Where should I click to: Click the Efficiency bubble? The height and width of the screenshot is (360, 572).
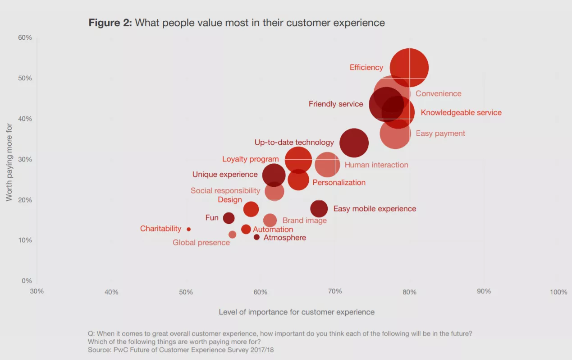409,67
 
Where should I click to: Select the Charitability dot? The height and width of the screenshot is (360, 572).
188,229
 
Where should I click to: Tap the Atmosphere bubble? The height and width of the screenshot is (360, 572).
256,237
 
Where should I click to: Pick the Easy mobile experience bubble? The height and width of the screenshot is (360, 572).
319,208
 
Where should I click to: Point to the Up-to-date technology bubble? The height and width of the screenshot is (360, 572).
354,143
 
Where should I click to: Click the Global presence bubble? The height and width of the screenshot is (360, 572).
232,235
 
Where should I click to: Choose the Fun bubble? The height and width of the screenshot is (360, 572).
229,218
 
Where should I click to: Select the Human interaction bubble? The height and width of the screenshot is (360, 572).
327,165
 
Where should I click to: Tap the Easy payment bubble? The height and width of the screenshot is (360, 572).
395,133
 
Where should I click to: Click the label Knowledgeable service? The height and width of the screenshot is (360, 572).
461,113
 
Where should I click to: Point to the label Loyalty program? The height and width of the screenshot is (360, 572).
250,159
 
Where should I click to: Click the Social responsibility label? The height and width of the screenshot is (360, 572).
225,191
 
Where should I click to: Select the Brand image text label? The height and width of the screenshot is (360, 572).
304,221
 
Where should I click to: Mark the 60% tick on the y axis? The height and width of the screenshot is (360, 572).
25,37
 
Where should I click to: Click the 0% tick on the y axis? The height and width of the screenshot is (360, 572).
27,281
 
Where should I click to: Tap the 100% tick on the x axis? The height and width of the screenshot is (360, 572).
558,292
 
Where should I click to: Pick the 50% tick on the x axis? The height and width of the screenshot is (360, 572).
186,292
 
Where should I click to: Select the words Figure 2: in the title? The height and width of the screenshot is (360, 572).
110,23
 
